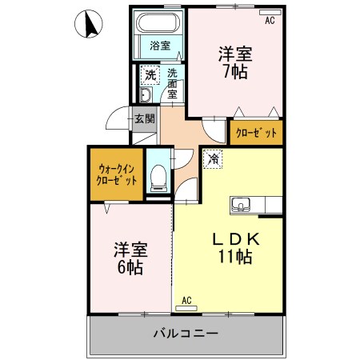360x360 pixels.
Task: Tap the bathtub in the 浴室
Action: pyautogui.click(x=160, y=23)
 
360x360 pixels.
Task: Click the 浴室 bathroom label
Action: pyautogui.click(x=160, y=46)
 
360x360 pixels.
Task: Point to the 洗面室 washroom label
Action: pyautogui.click(x=172, y=82)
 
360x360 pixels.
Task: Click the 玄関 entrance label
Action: pyautogui.click(x=144, y=119)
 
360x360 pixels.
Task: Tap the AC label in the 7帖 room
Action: pyautogui.click(x=270, y=21)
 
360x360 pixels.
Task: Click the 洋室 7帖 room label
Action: pyautogui.click(x=235, y=63)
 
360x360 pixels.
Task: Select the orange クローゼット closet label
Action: pyautogui.click(x=257, y=133)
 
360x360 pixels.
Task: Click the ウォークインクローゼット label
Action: pyautogui.click(x=117, y=174)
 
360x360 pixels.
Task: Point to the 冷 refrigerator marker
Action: pyautogui.click(x=213, y=159)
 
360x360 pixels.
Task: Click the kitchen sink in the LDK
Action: pyautogui.click(x=242, y=204)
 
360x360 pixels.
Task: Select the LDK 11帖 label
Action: pyautogui.click(x=233, y=249)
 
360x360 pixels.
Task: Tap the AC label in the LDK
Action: pyautogui.click(x=187, y=300)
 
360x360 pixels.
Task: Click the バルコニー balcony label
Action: pyautogui.click(x=185, y=333)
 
